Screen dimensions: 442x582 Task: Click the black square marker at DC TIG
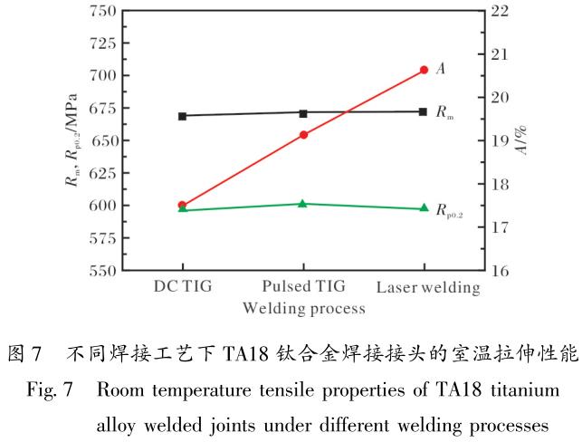pyautogui.click(x=182, y=116)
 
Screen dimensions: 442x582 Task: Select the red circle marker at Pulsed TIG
pyautogui.click(x=303, y=135)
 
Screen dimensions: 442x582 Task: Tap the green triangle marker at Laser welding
pyautogui.click(x=424, y=208)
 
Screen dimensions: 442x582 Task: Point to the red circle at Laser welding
pyautogui.click(x=424, y=70)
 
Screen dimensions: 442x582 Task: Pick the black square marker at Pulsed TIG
pyautogui.click(x=303, y=113)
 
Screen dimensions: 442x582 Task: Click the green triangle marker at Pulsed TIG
pyautogui.click(x=303, y=204)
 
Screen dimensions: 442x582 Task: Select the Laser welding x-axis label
pyautogui.click(x=427, y=288)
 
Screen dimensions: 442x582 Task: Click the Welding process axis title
pyautogui.click(x=303, y=308)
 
